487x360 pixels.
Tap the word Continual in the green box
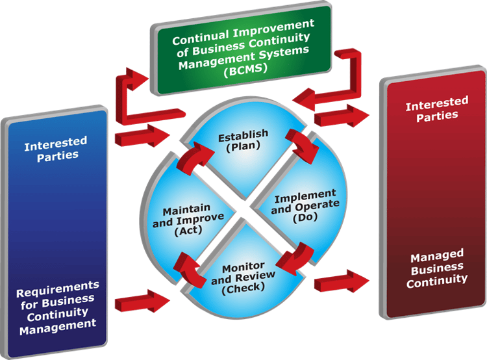pyautogui.click(x=198, y=38)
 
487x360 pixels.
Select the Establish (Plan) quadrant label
pyautogui.click(x=243, y=140)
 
